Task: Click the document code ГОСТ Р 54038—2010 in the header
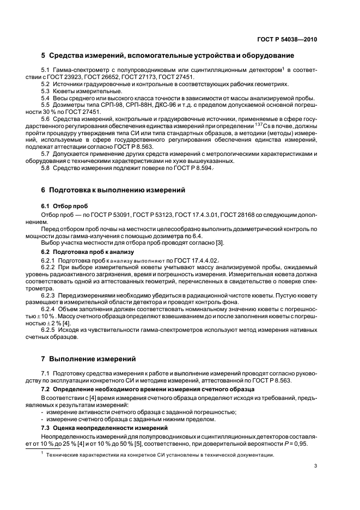(x=287, y=40)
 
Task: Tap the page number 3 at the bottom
(x=315, y=465)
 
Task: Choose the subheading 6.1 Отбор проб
(x=63, y=207)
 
